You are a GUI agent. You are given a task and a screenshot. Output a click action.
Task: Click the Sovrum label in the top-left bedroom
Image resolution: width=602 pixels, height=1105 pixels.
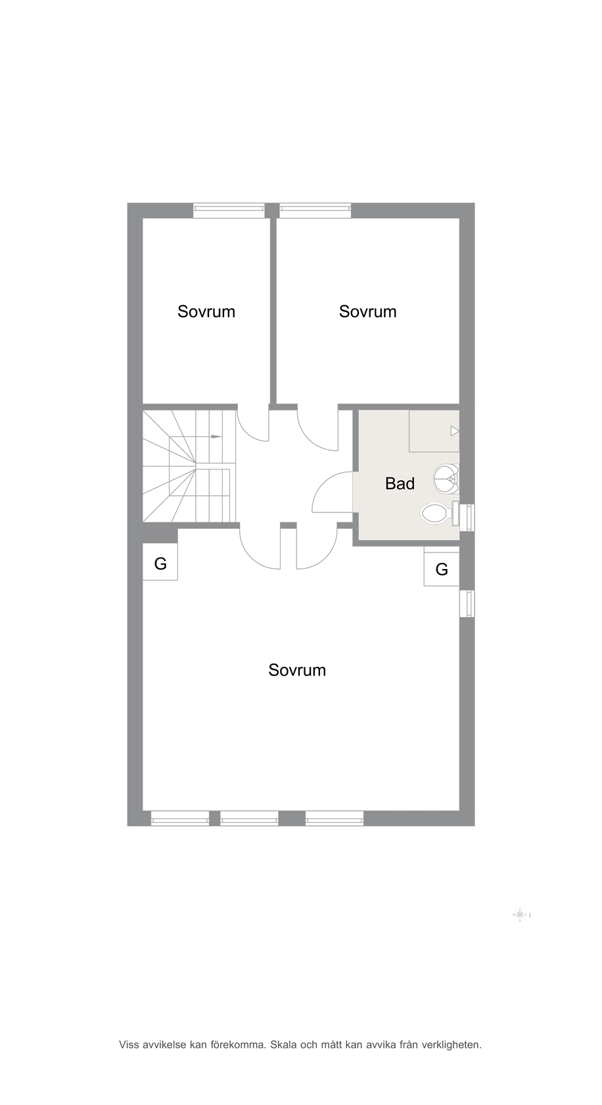206,312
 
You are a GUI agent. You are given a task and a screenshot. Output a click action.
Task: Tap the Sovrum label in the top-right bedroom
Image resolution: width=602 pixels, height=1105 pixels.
368,312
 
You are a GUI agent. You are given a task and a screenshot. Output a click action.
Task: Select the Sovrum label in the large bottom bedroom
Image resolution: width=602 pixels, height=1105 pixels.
297,670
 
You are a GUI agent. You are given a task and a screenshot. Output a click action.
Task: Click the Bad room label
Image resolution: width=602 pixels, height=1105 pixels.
400,483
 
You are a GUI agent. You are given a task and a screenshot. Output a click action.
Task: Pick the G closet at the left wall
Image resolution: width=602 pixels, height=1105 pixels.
160,562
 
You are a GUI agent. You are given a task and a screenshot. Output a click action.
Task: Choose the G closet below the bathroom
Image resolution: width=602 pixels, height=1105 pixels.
442,569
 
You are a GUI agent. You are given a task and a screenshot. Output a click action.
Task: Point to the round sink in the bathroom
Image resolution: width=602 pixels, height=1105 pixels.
447,479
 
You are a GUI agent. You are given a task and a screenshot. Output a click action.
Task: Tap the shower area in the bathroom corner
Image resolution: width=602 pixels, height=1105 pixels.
434,431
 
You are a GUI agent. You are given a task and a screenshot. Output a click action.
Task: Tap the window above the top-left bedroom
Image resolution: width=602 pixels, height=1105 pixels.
229,210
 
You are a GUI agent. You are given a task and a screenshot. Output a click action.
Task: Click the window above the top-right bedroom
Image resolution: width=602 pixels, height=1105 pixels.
315,210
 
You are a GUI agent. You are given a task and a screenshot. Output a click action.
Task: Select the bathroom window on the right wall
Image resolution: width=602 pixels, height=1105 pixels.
467,518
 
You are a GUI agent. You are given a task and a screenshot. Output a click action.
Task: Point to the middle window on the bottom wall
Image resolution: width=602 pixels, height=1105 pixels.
249,818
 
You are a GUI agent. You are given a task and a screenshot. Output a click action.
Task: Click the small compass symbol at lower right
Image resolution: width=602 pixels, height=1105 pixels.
520,914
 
